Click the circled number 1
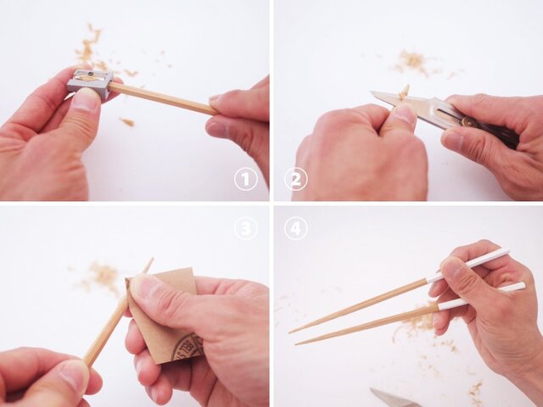pos(246,179)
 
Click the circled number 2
pos(295,179)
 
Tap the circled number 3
pos(246,228)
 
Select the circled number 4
pos(295,228)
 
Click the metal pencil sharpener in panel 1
pos(91,82)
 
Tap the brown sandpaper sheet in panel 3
pos(170,322)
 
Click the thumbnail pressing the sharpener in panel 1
pos(86,101)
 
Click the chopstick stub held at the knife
pos(404,91)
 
